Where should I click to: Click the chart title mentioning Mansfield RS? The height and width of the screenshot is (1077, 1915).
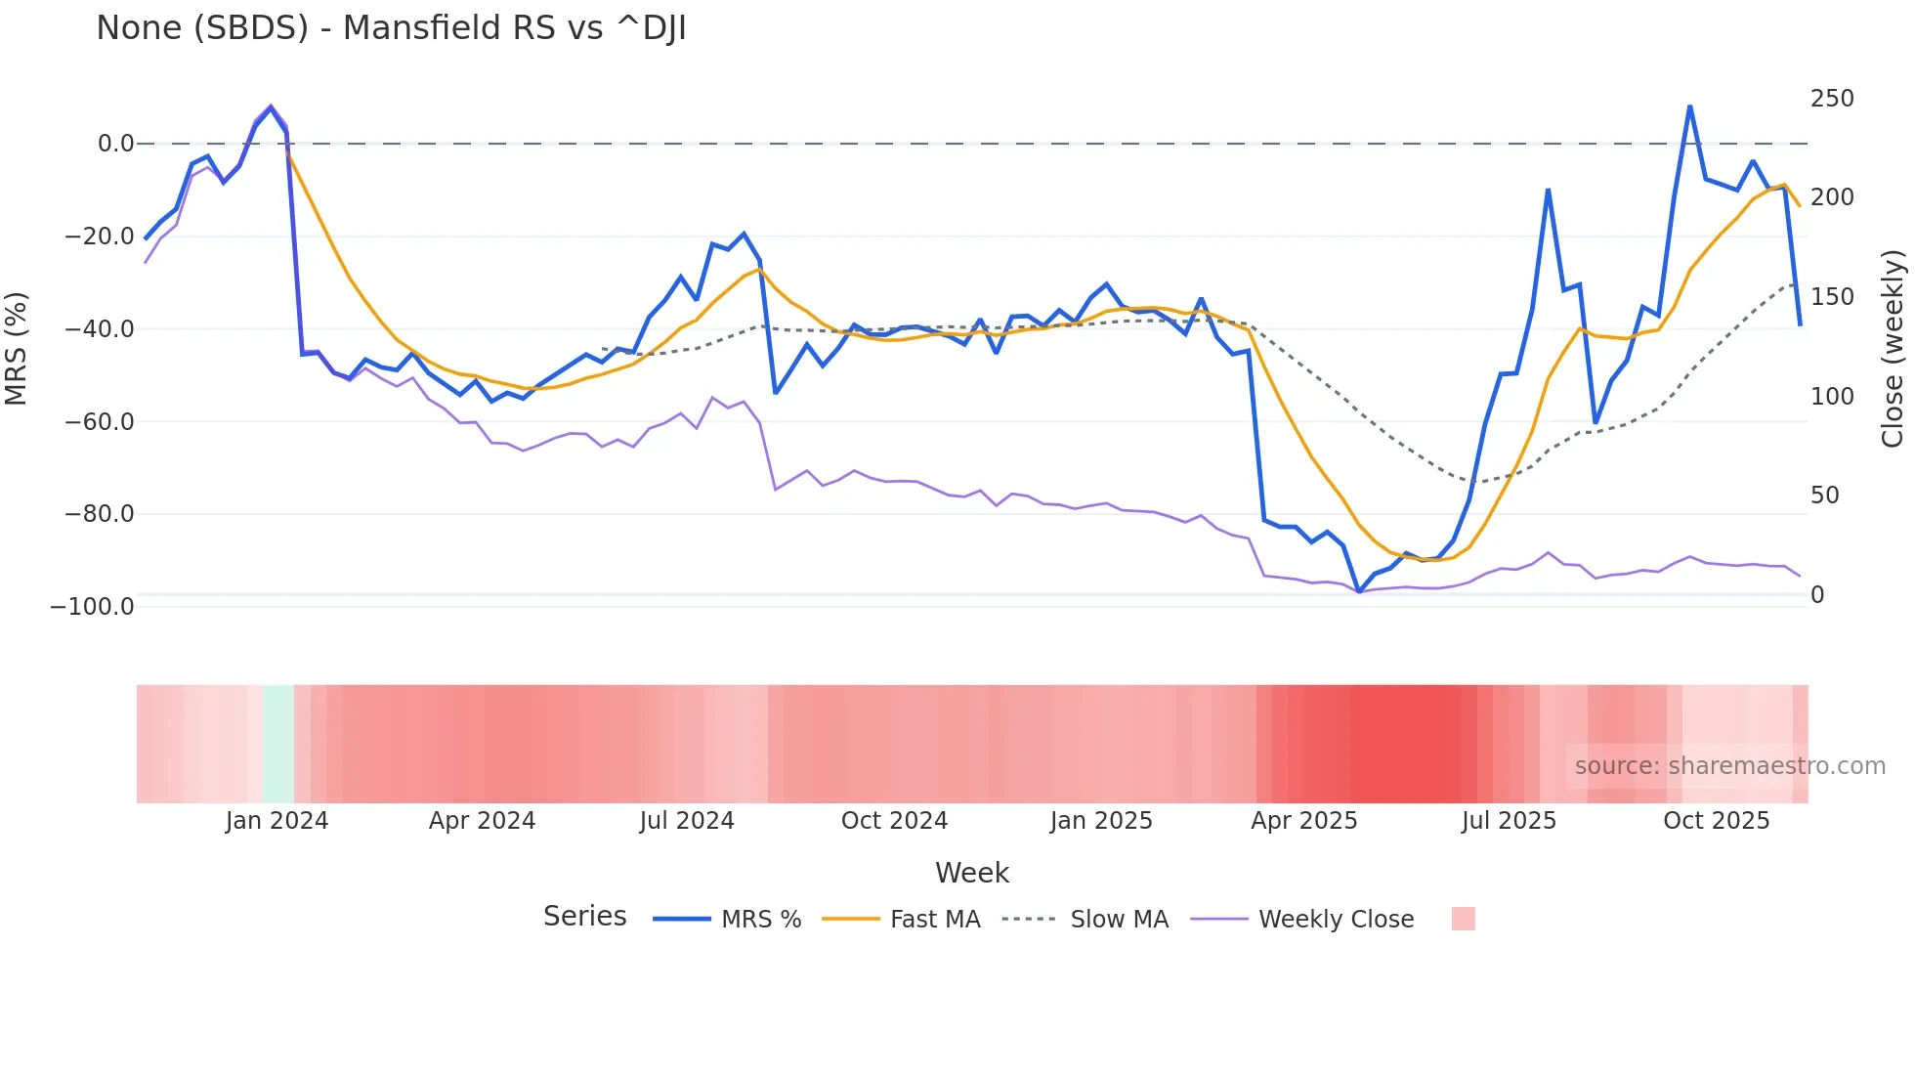tap(391, 28)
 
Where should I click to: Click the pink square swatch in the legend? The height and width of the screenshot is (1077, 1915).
tap(1463, 919)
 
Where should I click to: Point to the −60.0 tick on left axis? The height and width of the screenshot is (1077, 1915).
tap(100, 422)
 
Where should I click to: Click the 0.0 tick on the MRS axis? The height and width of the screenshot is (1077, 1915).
tap(115, 144)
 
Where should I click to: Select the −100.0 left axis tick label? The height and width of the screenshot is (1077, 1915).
tap(93, 607)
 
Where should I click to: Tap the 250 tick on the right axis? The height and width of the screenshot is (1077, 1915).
tap(1832, 99)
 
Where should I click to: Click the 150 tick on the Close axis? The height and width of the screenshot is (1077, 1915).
tap(1832, 297)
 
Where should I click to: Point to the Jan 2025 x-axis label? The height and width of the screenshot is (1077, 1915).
tap(1101, 821)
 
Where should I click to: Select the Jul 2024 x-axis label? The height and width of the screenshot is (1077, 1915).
tap(687, 821)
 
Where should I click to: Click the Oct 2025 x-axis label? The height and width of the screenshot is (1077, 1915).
tap(1717, 821)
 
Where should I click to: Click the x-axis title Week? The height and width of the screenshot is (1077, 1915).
tap(972, 873)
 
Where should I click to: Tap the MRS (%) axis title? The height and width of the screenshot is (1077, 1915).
tap(17, 348)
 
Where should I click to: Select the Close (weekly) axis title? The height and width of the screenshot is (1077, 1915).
tap(1893, 348)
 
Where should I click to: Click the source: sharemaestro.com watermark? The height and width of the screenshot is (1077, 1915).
tap(1729, 766)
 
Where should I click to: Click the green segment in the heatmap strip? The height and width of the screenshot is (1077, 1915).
tap(278, 744)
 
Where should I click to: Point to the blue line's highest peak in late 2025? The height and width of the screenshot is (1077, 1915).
tap(1689, 107)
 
